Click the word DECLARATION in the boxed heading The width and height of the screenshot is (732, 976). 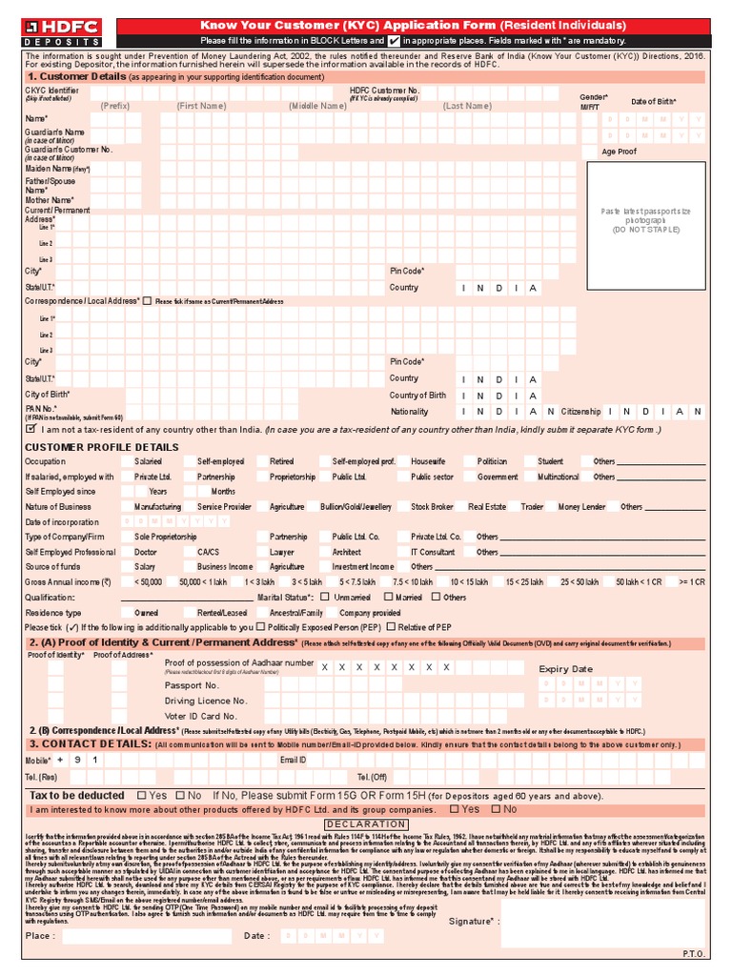[x=365, y=823]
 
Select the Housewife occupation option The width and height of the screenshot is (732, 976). [x=429, y=461]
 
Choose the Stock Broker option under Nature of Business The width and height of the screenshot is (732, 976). [x=432, y=507]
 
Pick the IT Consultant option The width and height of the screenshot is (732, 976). [x=433, y=552]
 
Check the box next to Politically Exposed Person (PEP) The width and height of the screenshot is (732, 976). [x=261, y=628]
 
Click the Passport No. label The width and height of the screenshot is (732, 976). [x=192, y=685]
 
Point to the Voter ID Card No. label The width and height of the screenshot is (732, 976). [x=200, y=716]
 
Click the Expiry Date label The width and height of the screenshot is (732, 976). [x=565, y=669]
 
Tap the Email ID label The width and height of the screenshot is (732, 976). [x=293, y=760]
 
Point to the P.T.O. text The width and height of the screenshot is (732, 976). [x=692, y=953]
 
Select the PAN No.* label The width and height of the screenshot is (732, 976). [x=41, y=409]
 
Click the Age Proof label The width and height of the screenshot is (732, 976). [x=620, y=152]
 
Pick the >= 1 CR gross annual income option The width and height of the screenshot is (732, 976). [x=692, y=581]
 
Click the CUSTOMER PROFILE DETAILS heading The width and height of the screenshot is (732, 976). [x=101, y=447]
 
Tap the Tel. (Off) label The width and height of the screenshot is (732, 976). [x=372, y=777]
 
